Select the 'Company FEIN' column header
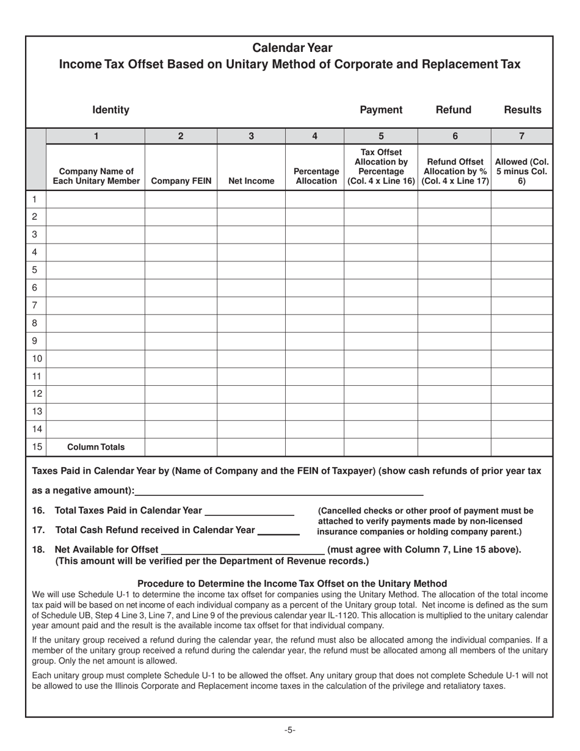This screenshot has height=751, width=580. (x=181, y=181)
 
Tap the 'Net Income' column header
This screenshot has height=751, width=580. (x=251, y=181)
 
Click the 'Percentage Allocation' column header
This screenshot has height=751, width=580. (x=314, y=176)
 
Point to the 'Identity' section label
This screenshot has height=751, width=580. (x=111, y=110)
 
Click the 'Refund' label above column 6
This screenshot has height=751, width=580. (x=454, y=110)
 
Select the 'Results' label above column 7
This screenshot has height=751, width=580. (x=522, y=110)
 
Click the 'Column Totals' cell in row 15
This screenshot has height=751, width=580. (x=95, y=447)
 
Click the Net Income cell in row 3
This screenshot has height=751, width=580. (x=251, y=234)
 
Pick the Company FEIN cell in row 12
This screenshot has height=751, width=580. (x=181, y=394)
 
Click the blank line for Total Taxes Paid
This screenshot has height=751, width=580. (x=250, y=511)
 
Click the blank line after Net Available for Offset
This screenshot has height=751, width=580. (x=242, y=550)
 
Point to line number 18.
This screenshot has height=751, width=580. (x=38, y=550)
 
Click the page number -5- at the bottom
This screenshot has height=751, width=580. (x=290, y=730)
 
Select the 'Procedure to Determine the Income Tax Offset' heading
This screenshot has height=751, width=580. (x=292, y=583)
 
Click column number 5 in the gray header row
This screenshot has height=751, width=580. (x=380, y=136)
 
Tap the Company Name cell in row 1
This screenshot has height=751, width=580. (x=95, y=199)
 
